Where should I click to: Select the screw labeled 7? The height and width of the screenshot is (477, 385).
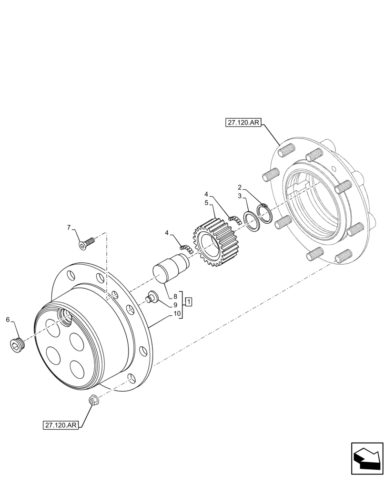[x=86, y=244]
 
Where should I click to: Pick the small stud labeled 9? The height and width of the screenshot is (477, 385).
[x=152, y=296]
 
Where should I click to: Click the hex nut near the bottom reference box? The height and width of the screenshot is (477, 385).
[x=93, y=402]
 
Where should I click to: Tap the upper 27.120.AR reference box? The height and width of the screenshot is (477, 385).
[x=243, y=123]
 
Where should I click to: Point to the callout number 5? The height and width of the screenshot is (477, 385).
[x=206, y=202]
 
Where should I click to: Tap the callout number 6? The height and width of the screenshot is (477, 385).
[x=8, y=319]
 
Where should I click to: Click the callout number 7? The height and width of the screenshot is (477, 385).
[x=69, y=227]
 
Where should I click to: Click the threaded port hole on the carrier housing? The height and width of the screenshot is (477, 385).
[x=64, y=317]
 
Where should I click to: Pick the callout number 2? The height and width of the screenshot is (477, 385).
[x=240, y=187]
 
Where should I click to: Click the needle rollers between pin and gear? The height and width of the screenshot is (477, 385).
[x=186, y=248]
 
